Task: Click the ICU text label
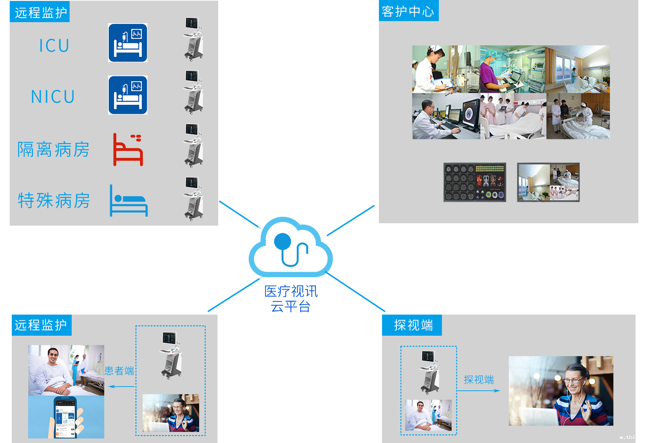[x=54, y=46]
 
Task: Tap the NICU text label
[x=53, y=97]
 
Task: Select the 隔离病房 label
[x=53, y=150]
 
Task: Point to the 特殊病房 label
[x=54, y=200]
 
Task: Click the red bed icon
[x=128, y=150]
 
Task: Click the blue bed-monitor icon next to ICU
[x=128, y=43]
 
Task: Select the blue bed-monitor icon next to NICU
[x=128, y=95]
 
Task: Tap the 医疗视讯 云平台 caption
[x=291, y=299]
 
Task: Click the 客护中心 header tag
[x=409, y=11]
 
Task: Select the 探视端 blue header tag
[x=412, y=325]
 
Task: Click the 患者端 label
[x=119, y=371]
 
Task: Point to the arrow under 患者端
[x=121, y=386]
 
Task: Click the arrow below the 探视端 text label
[x=479, y=390]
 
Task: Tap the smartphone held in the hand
[x=65, y=417]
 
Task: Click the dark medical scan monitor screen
[x=475, y=182]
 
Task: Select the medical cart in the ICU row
[x=193, y=39]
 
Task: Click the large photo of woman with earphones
[x=561, y=391]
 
